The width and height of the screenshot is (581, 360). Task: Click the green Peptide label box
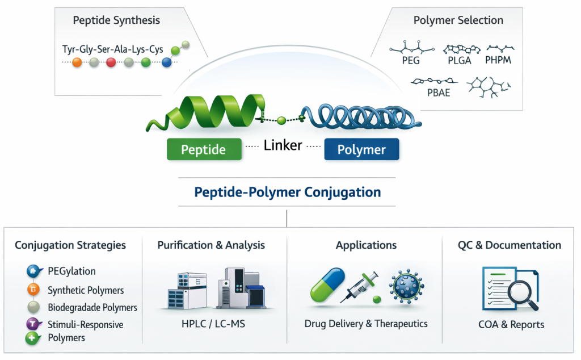[x=203, y=149]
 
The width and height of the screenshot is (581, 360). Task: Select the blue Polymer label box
[x=361, y=149]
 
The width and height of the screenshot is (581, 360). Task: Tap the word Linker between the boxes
[x=283, y=145]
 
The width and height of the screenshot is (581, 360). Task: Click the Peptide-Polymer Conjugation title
[x=288, y=192]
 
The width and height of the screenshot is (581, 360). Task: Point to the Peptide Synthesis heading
[x=116, y=20]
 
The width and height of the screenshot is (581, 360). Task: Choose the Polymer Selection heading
[x=458, y=20]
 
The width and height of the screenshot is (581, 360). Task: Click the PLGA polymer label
[x=458, y=60]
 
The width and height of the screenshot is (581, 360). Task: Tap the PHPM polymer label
[x=498, y=60]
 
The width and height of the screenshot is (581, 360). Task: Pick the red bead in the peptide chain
[x=111, y=62]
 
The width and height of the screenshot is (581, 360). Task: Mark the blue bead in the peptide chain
[x=166, y=62]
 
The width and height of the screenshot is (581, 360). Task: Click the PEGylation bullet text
[x=71, y=271]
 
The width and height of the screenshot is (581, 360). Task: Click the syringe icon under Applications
[x=361, y=286]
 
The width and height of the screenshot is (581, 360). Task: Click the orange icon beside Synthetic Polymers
[x=33, y=290]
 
